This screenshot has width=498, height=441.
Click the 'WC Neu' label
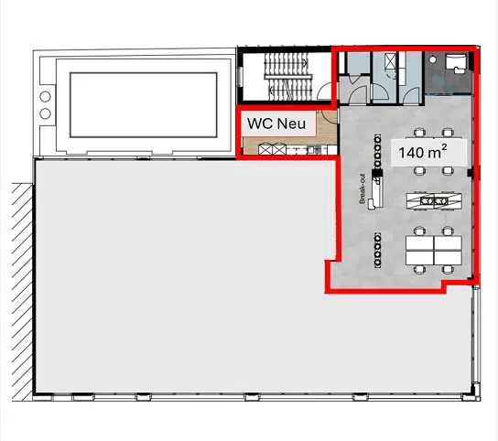click(276, 124)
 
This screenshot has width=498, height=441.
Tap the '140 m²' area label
click(423, 152)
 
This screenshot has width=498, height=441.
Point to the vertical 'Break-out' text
click(363, 188)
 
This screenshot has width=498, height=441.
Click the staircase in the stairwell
click(287, 77)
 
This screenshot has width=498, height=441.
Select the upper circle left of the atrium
click(45, 96)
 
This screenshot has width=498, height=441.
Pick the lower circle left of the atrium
click(45, 113)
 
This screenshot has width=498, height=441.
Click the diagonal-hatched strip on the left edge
click(22, 292)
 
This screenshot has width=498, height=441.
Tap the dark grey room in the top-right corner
click(448, 74)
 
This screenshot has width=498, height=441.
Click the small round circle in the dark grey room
click(432, 59)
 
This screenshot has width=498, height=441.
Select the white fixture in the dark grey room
click(456, 63)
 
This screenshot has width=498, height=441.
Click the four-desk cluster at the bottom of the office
click(434, 251)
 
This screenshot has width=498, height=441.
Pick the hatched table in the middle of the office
click(434, 201)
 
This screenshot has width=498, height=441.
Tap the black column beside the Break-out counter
click(377, 173)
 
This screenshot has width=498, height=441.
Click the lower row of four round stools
click(377, 251)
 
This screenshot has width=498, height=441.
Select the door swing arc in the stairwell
click(324, 91)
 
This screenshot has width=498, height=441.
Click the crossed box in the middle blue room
click(390, 61)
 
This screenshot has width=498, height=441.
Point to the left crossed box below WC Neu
click(265, 149)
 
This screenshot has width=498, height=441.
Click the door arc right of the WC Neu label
click(329, 117)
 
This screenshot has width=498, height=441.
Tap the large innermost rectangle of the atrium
click(143, 105)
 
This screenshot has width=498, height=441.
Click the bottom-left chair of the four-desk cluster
click(419, 270)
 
